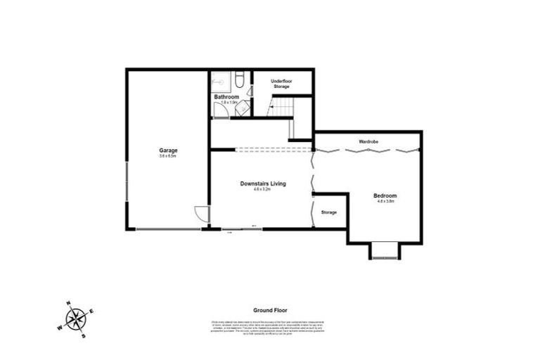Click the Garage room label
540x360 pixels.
(167, 150)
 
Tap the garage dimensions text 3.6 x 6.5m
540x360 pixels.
(167, 157)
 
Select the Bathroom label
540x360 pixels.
(226, 96)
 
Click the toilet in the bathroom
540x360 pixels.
(238, 79)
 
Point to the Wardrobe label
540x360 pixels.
(368, 142)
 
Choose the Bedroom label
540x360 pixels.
(385, 195)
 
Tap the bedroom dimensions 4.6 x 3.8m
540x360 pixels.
(385, 202)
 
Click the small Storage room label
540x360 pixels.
(328, 212)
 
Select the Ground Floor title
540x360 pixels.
(270, 310)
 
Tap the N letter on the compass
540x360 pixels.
(68, 304)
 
